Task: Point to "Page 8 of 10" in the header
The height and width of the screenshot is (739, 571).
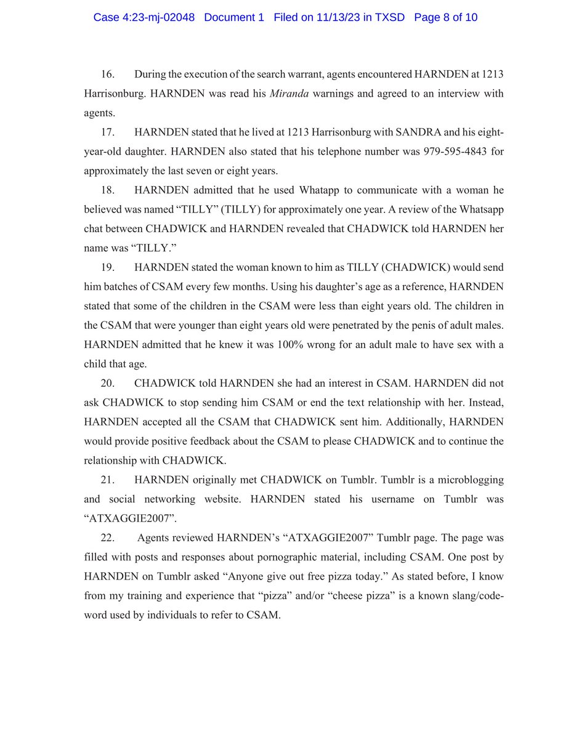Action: point(446,17)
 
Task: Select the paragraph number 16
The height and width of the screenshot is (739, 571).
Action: point(107,75)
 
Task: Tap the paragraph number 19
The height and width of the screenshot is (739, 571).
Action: point(107,268)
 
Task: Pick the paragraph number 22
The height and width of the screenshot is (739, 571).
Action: point(107,538)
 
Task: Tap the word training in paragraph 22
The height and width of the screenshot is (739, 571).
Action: point(146,596)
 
